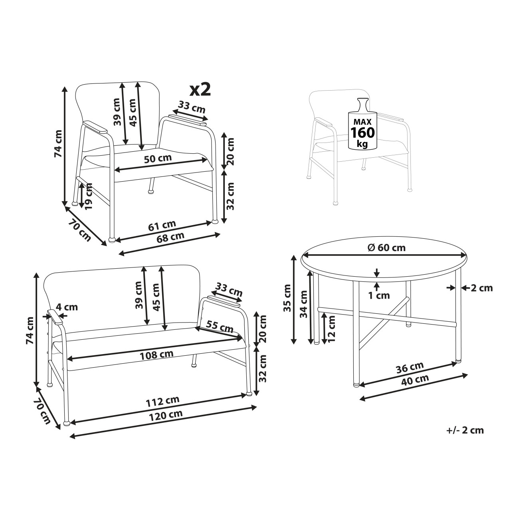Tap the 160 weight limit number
[x=362, y=132]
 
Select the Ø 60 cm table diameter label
[x=386, y=248]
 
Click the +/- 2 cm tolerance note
[x=465, y=430]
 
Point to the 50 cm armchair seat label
[x=158, y=158]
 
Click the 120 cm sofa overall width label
[x=166, y=414]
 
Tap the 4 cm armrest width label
[x=67, y=307]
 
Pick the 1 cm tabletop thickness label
[x=379, y=295]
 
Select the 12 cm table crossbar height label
[x=331, y=328]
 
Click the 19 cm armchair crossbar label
[x=88, y=196]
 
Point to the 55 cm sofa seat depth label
[x=220, y=327]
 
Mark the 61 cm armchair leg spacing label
[x=162, y=225]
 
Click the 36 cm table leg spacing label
[x=410, y=367]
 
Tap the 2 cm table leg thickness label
[x=481, y=288]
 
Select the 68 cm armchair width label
[x=170, y=237]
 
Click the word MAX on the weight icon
[x=362, y=122]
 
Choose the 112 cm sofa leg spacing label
[x=163, y=401]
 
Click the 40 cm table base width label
[x=415, y=380]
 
